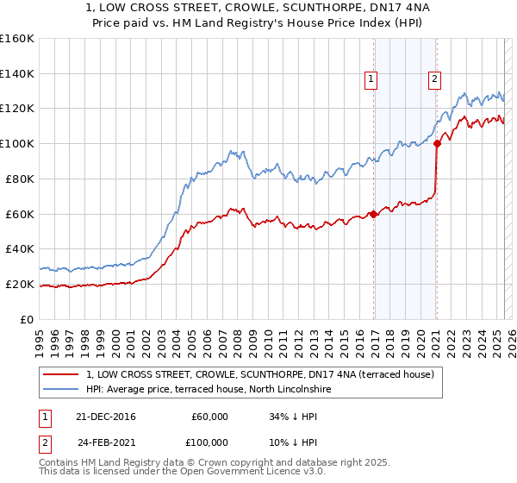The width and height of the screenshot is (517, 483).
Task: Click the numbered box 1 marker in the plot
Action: click(371, 79)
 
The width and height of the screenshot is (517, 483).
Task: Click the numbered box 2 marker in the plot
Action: click(434, 79)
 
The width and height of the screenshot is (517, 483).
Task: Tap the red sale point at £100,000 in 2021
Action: click(437, 144)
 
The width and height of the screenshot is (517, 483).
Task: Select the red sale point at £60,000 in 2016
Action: click(373, 214)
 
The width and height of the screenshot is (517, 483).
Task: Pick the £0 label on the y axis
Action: click(27, 319)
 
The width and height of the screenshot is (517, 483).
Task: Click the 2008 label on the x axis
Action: click(237, 337)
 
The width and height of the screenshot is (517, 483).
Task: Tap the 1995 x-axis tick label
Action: click(40, 337)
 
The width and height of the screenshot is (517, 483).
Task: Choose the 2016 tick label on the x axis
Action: click(358, 337)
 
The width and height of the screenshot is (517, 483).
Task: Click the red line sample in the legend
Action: click(60, 374)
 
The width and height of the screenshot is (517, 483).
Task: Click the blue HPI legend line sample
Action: click(60, 390)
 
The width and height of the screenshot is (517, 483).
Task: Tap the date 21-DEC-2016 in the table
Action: click(106, 417)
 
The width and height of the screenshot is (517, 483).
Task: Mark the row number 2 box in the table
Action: click(44, 442)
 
